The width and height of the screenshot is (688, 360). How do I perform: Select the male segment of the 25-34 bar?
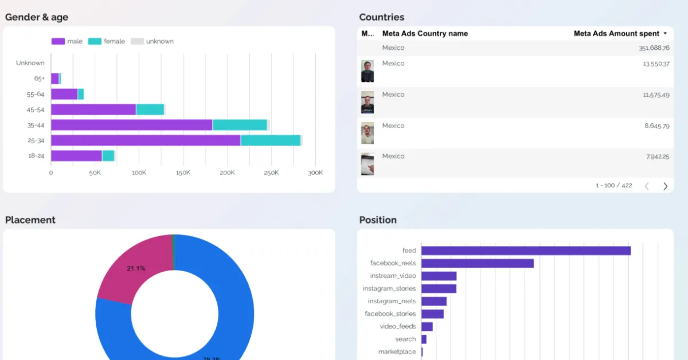(146, 140)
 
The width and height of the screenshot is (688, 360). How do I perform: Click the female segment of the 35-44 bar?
(240, 125)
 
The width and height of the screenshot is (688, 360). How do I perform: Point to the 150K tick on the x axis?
(183, 173)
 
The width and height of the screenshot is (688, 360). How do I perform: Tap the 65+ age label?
(39, 79)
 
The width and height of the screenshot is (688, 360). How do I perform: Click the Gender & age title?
(37, 17)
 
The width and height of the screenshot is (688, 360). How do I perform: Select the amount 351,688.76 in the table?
(654, 48)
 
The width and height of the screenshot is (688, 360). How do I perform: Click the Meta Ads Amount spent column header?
(617, 34)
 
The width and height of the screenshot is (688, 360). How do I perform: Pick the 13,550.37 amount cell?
(655, 64)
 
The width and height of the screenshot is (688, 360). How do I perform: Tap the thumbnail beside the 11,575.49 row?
(368, 102)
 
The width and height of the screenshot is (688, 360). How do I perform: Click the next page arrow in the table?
(665, 186)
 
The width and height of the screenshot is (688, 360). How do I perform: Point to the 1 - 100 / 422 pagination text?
(613, 186)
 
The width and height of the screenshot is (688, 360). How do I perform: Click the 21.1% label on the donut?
(136, 268)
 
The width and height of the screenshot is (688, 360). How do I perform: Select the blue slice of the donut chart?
(235, 310)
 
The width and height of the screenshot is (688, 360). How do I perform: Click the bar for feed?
(526, 251)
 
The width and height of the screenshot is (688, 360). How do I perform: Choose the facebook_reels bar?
(477, 263)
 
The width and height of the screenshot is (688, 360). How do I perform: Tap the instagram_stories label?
(393, 289)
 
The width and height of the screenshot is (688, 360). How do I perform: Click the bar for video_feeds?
(427, 327)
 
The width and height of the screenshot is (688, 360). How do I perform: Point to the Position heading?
(378, 220)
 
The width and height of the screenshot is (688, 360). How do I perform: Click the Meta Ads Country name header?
(425, 34)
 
